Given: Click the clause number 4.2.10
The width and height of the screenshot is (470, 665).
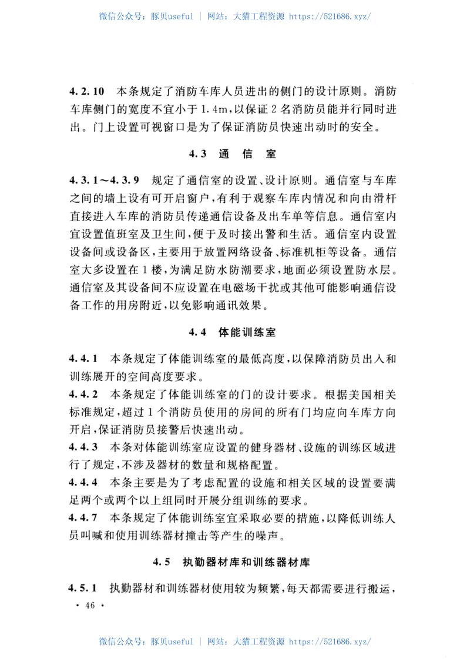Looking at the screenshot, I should pos(87,92).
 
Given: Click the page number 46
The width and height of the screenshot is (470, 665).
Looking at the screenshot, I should pos(90,606).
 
